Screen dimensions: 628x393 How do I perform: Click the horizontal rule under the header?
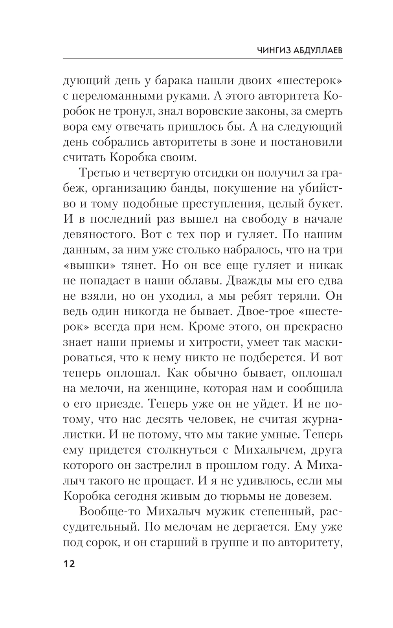click(202, 59)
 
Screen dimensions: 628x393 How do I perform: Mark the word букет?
click(326, 204)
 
